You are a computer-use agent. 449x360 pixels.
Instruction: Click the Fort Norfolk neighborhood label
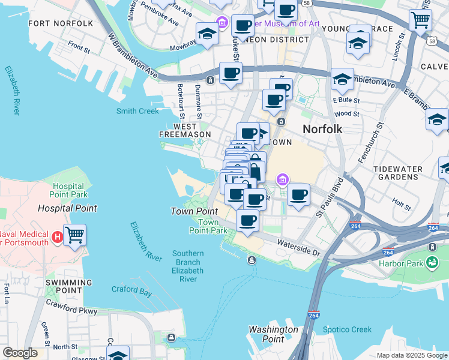[x=61, y=23]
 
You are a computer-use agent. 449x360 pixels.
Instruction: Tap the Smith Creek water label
[x=137, y=111]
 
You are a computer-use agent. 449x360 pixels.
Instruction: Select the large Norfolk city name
[x=322, y=129]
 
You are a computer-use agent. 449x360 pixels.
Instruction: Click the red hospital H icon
[x=57, y=236]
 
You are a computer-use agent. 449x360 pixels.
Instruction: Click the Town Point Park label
[x=208, y=226]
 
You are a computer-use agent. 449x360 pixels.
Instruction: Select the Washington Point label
[x=273, y=334]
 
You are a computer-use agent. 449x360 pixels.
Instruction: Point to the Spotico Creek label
[x=347, y=329]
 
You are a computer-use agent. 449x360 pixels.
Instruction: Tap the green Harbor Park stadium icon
[x=432, y=262]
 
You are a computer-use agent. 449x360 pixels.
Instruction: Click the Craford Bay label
[x=131, y=289]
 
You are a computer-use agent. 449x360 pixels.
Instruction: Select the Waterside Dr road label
[x=298, y=247]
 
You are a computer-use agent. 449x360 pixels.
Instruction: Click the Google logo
[x=20, y=353]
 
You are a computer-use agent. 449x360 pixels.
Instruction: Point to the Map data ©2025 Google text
[x=411, y=355]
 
